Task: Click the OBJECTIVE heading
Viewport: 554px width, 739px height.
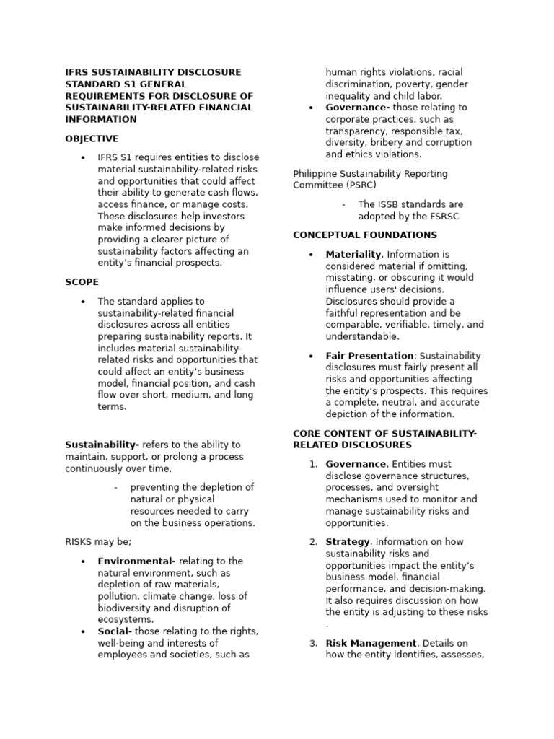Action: [x=92, y=139]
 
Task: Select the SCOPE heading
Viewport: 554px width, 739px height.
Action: [x=82, y=282]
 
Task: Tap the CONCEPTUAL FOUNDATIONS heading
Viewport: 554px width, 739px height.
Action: [x=364, y=235]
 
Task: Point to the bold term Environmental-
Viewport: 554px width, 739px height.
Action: [x=136, y=561]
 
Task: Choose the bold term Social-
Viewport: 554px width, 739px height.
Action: [x=118, y=631]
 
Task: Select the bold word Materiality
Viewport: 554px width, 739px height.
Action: [x=353, y=254]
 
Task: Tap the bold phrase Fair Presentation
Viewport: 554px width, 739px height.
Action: [x=369, y=356]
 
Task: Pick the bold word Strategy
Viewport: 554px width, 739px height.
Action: [x=348, y=542]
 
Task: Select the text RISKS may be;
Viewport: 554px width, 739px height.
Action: [x=98, y=541]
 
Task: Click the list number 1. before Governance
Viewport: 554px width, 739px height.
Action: [x=313, y=464]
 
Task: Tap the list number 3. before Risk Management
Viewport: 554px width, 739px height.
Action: [x=313, y=643]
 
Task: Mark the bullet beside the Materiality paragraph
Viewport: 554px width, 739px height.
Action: [x=310, y=255]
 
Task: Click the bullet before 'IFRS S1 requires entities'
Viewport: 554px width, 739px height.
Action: [x=83, y=158]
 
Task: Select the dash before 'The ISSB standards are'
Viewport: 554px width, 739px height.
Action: [x=344, y=204]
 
